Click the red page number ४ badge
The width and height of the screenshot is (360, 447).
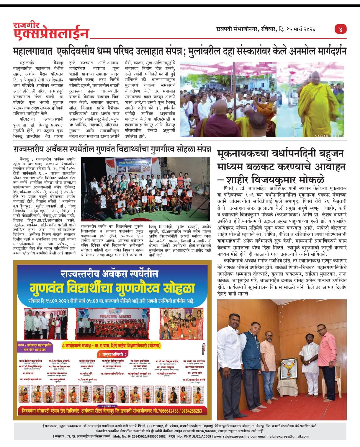click(341, 29)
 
